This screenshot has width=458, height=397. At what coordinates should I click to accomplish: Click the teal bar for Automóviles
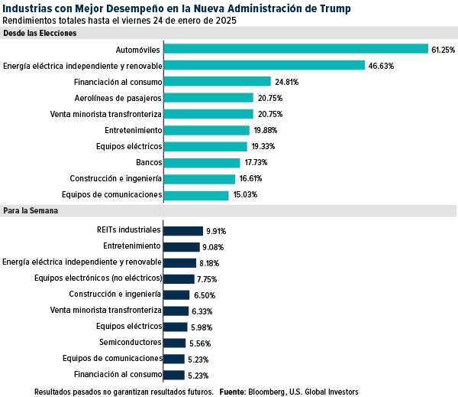[x=295, y=49]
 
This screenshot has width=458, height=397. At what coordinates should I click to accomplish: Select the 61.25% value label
[x=443, y=50]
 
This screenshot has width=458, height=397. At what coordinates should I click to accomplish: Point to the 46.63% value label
[x=380, y=66]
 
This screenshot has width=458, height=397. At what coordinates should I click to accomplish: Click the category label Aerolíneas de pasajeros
[x=118, y=98]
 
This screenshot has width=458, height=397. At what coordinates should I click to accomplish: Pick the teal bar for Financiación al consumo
[x=218, y=81]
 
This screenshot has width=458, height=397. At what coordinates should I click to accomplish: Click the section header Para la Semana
[x=31, y=210]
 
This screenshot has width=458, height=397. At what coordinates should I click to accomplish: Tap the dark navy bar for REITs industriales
[x=183, y=229]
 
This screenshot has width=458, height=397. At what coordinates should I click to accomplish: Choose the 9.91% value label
[x=215, y=230]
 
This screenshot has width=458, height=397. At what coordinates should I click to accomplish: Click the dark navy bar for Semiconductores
[x=175, y=343]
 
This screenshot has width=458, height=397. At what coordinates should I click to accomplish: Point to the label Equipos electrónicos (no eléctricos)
[x=98, y=278]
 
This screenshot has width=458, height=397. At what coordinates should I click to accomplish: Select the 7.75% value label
[x=208, y=278]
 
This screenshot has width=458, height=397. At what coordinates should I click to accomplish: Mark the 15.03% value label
[x=245, y=195]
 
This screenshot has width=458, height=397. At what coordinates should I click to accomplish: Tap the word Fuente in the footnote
[x=232, y=391]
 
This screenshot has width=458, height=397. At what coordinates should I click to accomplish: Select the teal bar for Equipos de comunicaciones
[x=196, y=195]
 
